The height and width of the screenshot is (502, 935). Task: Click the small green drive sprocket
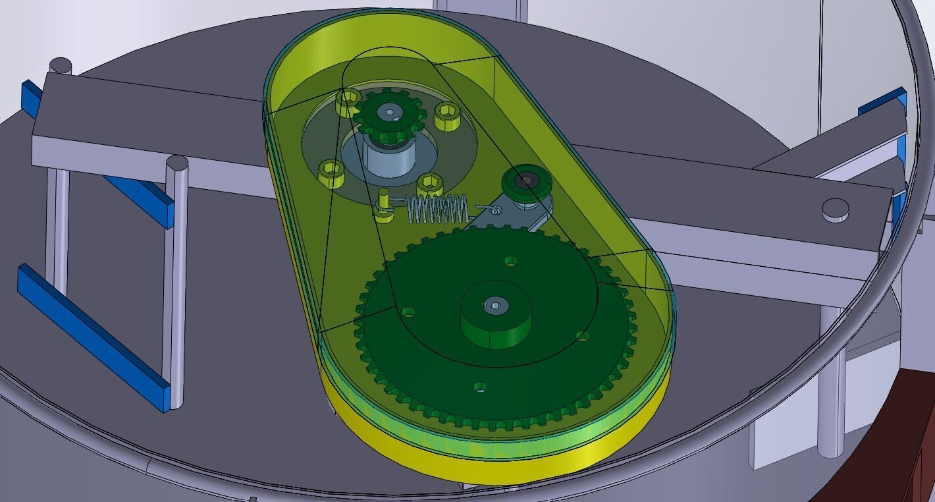(x=389, y=115)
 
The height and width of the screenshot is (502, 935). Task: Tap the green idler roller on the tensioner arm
(x=525, y=181)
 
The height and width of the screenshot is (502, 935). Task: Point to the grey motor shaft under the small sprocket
(x=388, y=159)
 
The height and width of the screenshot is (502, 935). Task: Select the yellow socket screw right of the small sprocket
(x=447, y=111)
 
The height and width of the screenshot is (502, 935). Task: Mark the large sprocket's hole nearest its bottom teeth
(x=481, y=387)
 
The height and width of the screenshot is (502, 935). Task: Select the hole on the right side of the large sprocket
(x=582, y=336)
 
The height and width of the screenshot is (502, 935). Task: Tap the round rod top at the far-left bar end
(x=61, y=65)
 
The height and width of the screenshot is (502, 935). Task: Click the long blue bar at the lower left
(x=92, y=336)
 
